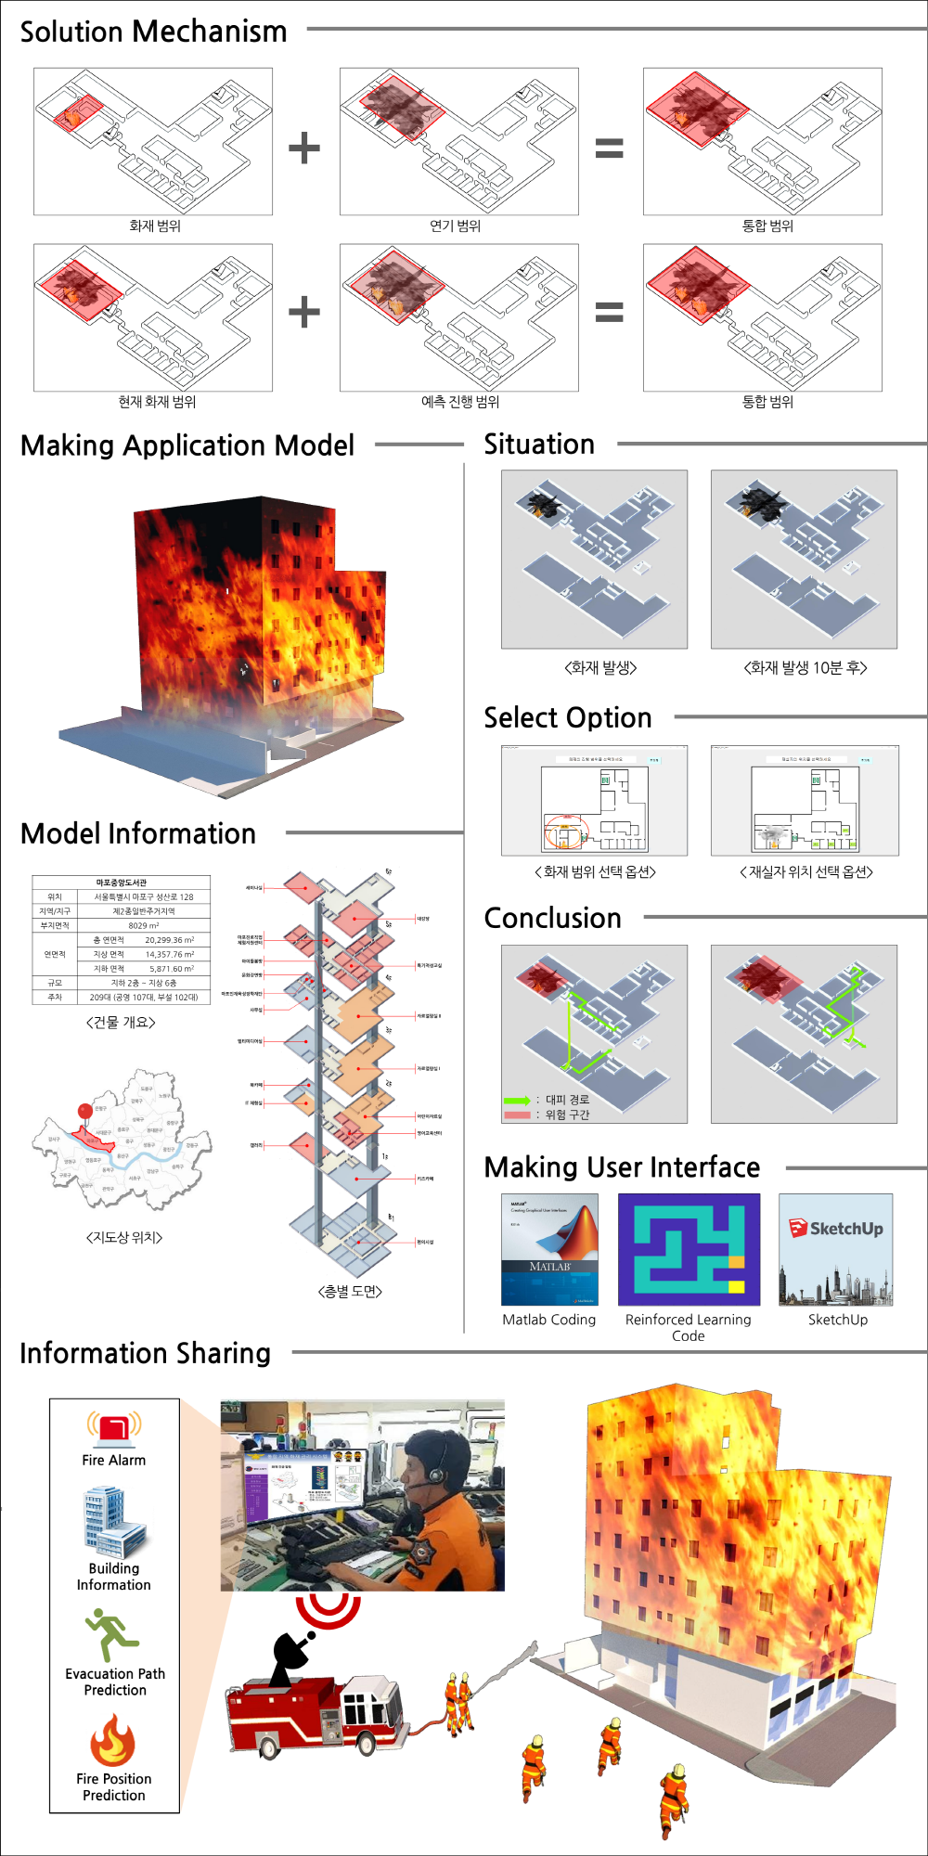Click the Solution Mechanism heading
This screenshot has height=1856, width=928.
tap(153, 32)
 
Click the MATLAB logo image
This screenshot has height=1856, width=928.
tap(549, 1249)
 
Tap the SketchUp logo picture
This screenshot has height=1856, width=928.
tap(836, 1249)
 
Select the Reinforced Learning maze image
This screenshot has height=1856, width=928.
tap(689, 1249)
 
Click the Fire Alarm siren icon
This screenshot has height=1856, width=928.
tap(114, 1428)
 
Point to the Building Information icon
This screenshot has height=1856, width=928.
tap(113, 1523)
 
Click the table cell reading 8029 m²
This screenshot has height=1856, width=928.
tap(144, 925)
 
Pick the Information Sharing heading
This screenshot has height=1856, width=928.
tap(146, 1354)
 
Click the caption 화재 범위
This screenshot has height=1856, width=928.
tap(155, 226)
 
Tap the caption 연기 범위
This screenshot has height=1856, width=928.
tap(456, 226)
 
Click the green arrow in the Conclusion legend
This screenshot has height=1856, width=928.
tap(517, 1100)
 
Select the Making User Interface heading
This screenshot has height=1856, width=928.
tap(622, 1167)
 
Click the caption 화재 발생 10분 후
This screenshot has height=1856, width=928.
tap(806, 668)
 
